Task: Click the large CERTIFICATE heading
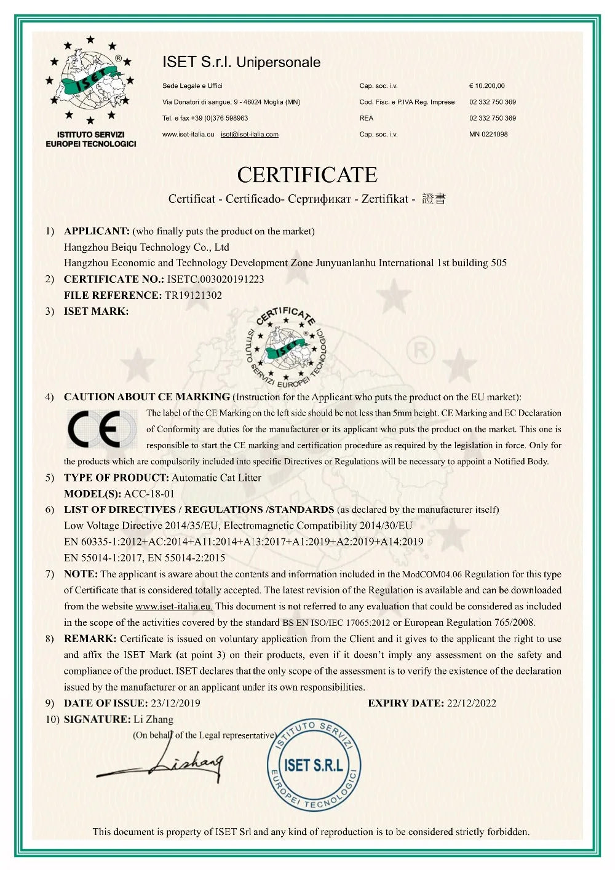tap(307, 175)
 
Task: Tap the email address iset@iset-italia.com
tap(250, 134)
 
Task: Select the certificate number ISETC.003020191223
tap(215, 279)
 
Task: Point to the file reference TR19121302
tap(193, 295)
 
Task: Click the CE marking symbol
tap(102, 429)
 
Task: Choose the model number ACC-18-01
tap(149, 494)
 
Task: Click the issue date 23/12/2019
tap(175, 703)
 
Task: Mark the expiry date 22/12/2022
tap(471, 703)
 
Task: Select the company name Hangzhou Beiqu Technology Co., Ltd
tap(146, 247)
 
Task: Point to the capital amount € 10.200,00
tap(486, 86)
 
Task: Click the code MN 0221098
tap(488, 134)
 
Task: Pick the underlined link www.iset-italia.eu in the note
tap(174, 606)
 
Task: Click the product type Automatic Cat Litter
tap(216, 478)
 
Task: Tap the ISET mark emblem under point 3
tap(287, 347)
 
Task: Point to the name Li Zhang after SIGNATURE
tap(153, 719)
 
